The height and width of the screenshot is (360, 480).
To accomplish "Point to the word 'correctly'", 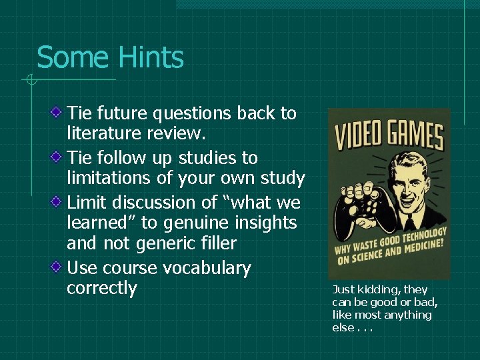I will [x=101, y=289].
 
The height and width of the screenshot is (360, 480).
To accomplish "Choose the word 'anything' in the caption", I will [x=407, y=315].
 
